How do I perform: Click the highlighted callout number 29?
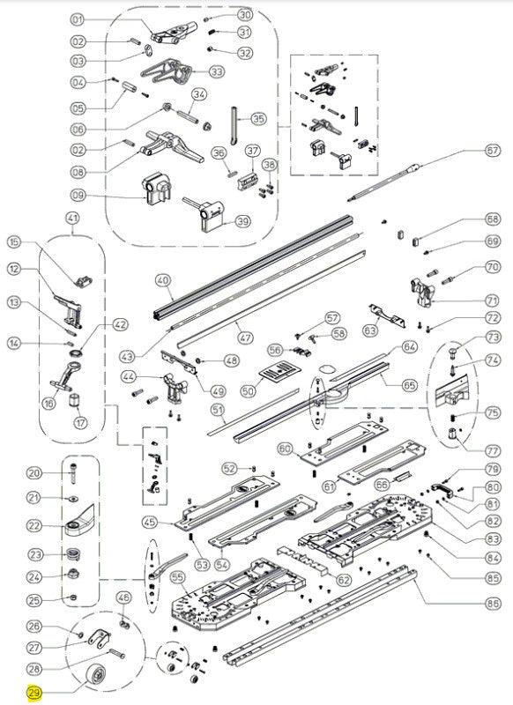tap(34, 693)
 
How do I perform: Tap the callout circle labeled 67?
tap(493, 150)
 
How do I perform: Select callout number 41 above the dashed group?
tap(72, 219)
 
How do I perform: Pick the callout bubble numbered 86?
tap(493, 603)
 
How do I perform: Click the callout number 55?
tap(177, 578)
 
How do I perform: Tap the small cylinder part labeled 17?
tap(73, 399)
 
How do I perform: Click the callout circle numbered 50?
tap(248, 390)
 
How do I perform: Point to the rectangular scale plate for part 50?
tap(279, 371)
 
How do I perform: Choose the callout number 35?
tap(258, 119)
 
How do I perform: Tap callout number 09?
tap(78, 195)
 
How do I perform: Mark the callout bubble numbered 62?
tap(344, 580)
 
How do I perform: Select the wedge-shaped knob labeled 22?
tap(79, 522)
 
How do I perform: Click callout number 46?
tap(123, 598)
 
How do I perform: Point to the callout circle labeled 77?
tap(493, 450)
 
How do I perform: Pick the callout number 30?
tap(245, 15)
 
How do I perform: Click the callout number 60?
tap(285, 449)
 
